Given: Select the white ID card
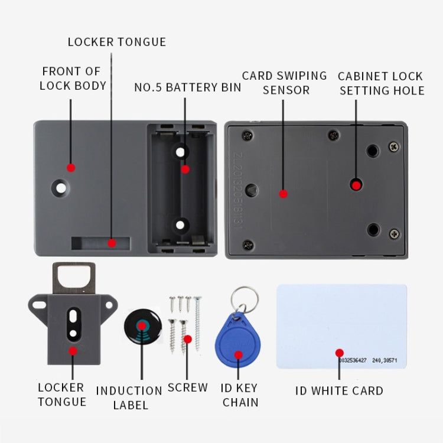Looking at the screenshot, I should (341, 326).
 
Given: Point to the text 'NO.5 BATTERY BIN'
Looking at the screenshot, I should (187, 87).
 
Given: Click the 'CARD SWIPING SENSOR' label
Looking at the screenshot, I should (285, 83).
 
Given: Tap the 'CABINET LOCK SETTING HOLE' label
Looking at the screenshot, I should (381, 83).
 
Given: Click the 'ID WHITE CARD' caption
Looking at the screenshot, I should (339, 390).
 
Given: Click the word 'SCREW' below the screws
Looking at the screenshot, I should (187, 387).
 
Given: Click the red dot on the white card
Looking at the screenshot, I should (339, 353).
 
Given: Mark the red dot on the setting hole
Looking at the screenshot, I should (356, 185).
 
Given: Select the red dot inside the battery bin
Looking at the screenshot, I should (185, 170).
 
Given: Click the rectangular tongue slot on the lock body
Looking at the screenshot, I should (100, 243).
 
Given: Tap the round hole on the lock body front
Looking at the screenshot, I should (60, 187).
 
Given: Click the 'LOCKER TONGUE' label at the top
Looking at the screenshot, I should (116, 42).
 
